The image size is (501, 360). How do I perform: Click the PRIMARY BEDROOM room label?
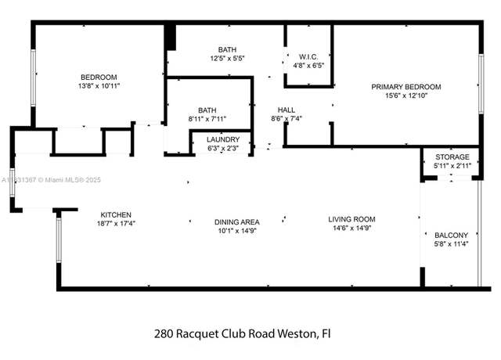[406, 87]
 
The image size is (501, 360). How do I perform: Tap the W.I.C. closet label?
[308, 57]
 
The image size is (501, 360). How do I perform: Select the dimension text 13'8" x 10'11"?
[99, 86]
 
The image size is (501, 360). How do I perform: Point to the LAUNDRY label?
[223, 139]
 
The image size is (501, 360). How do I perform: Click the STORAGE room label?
[452, 157]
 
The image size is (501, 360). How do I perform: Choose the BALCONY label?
[451, 236]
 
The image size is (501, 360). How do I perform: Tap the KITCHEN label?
[116, 214]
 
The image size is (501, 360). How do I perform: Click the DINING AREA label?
[236, 222]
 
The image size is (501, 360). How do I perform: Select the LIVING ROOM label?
[351, 219]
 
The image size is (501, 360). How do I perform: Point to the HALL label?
[287, 110]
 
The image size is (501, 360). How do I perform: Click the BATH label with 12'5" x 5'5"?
[227, 50]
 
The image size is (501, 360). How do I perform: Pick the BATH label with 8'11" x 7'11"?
[207, 110]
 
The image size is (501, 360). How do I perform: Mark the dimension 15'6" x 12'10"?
[406, 95]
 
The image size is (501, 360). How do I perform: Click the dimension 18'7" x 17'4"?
[116, 223]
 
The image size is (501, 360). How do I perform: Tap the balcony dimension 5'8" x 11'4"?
[451, 244]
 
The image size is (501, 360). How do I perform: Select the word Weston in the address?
[296, 334]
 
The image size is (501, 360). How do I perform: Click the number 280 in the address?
[164, 334]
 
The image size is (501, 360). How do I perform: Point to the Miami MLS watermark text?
[51, 180]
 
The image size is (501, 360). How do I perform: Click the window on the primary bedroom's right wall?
[481, 84]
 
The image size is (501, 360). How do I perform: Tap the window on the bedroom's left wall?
[33, 77]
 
